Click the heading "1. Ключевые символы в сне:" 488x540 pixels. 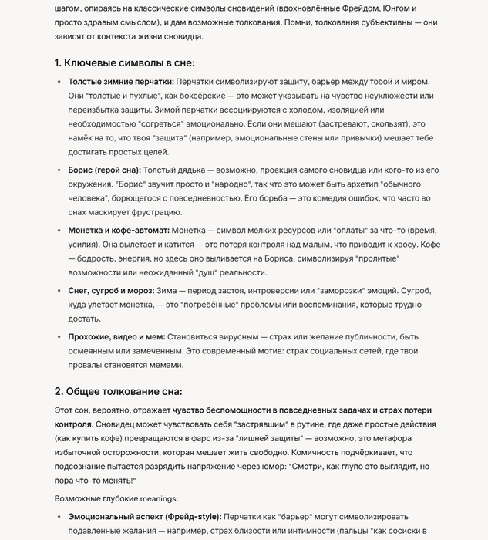124,62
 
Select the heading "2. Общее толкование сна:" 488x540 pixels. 118,391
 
